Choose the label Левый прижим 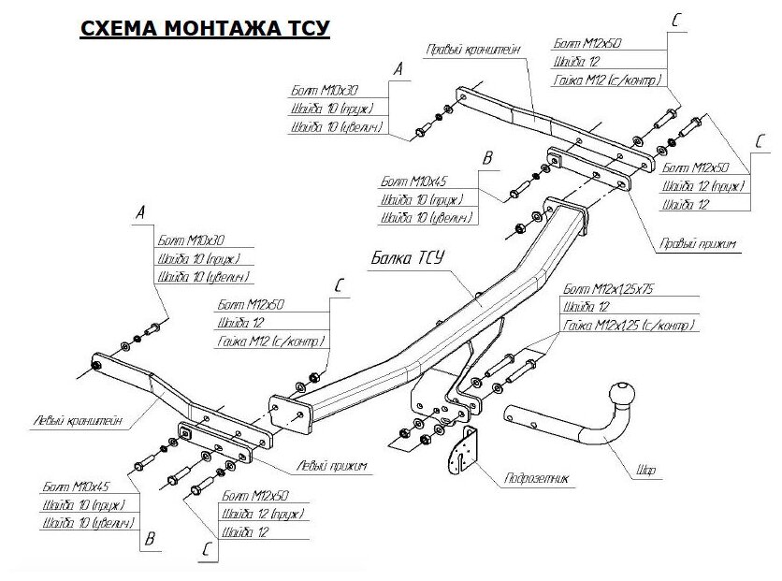coord(331,465)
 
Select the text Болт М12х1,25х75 coord(609,290)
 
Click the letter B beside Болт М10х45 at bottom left coord(148,540)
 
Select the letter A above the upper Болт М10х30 coord(398,70)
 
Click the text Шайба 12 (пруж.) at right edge coord(702,185)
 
